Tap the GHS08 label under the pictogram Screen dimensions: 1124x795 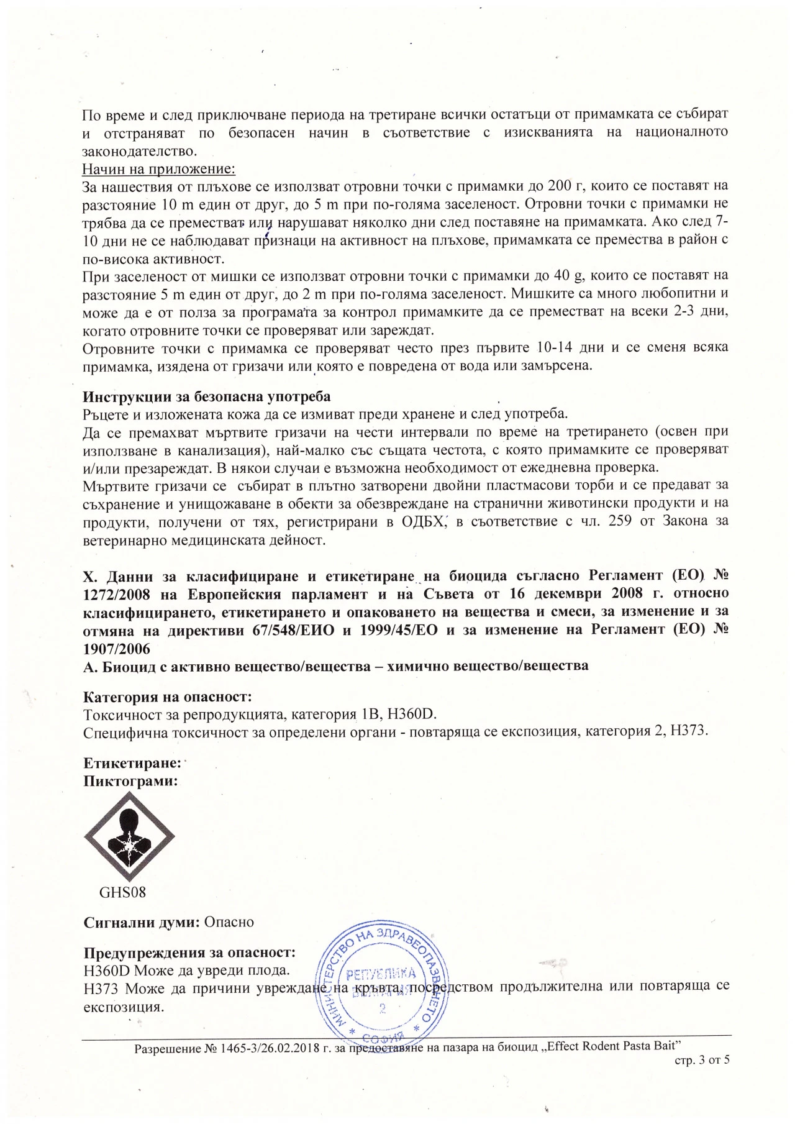pos(122,892)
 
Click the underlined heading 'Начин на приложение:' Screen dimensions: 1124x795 pos(159,168)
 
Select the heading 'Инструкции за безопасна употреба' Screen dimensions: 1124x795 pos(207,396)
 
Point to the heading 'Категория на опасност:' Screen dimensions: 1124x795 pos(167,697)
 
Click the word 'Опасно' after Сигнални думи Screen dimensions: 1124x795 pos(229,922)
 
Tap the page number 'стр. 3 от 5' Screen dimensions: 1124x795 pos(702,1061)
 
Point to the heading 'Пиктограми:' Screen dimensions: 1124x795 pos(131,781)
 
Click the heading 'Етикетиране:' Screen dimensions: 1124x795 pos(132,762)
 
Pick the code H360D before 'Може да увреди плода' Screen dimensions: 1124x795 pos(107,971)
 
